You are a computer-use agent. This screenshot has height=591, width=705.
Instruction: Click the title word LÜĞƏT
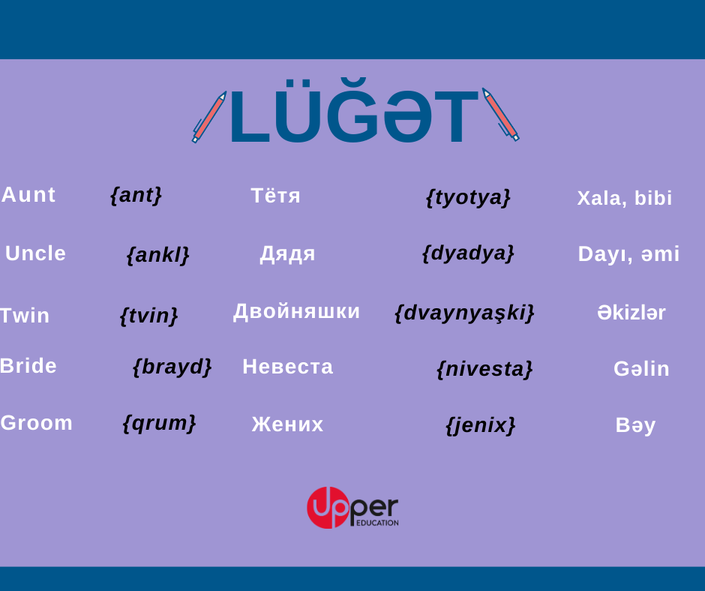click(353, 111)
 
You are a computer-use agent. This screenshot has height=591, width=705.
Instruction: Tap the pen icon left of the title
click(209, 117)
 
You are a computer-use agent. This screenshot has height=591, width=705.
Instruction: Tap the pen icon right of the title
click(500, 115)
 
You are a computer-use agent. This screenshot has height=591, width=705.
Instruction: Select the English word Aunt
click(28, 195)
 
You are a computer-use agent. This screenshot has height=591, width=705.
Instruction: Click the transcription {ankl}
click(157, 255)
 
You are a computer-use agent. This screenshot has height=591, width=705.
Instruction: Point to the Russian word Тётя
click(275, 196)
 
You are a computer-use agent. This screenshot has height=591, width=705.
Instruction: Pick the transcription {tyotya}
click(468, 197)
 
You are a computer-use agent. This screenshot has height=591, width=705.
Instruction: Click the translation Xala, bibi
click(625, 198)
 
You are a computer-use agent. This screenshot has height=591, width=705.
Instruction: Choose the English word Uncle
click(35, 253)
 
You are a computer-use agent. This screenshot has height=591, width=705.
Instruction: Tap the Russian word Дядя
click(288, 254)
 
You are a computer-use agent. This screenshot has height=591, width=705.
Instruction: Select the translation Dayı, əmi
click(628, 254)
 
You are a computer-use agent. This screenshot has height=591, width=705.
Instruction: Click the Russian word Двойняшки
click(297, 312)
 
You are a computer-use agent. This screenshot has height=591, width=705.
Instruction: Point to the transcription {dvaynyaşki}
click(464, 313)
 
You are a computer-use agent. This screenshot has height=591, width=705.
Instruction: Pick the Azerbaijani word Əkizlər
click(631, 313)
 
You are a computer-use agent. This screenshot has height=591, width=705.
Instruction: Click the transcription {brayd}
click(172, 367)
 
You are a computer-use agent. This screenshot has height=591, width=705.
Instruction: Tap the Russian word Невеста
click(288, 367)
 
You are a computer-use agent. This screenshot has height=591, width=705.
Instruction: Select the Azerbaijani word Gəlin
click(641, 369)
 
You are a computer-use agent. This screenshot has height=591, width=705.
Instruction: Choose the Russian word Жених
click(287, 424)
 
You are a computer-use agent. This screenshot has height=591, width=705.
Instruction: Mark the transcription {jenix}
click(480, 425)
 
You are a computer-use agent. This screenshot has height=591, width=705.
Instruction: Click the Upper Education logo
click(352, 507)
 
